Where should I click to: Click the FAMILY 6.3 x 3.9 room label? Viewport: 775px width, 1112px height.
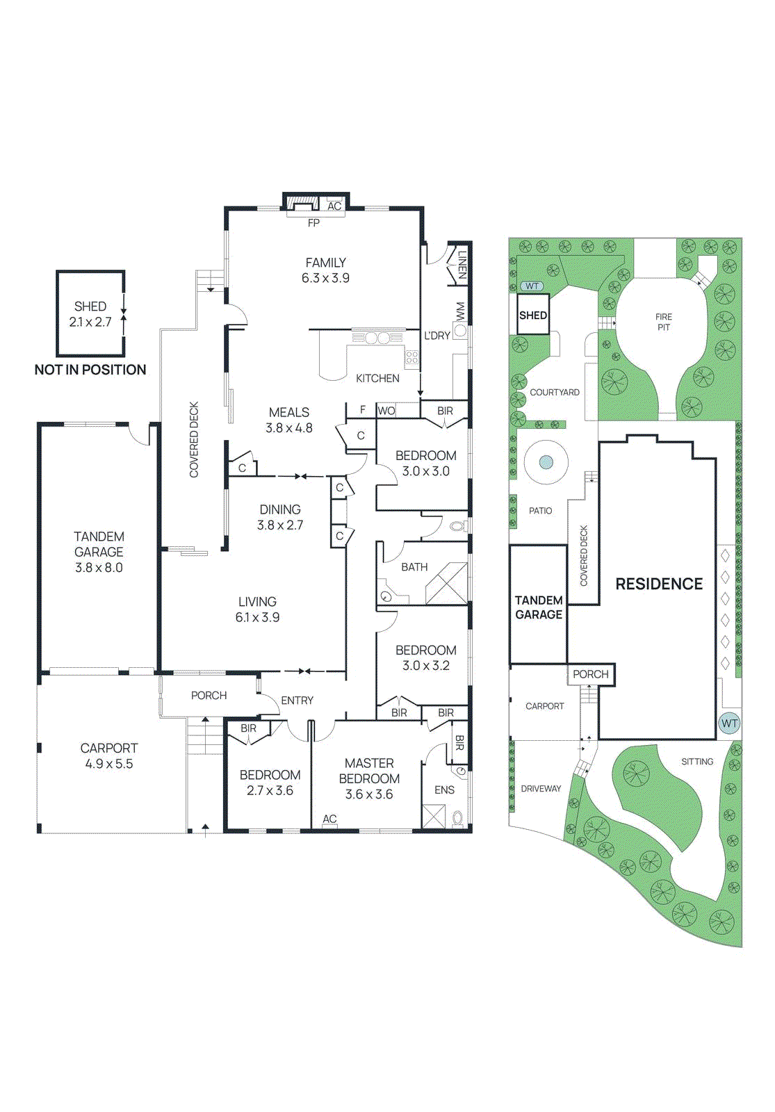click(x=325, y=270)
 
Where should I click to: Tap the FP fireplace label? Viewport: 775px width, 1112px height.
click(x=313, y=223)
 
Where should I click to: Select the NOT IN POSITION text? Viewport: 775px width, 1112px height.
click(x=90, y=370)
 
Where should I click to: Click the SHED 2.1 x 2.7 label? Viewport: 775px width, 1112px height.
click(x=90, y=314)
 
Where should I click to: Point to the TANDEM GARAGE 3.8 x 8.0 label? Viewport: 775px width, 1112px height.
click(x=99, y=552)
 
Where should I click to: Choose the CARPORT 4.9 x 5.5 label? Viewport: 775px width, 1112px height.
click(x=108, y=755)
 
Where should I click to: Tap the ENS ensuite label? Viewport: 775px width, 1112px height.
click(x=444, y=790)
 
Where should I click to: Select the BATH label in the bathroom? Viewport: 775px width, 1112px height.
click(x=414, y=567)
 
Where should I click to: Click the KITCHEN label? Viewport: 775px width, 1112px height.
click(x=377, y=378)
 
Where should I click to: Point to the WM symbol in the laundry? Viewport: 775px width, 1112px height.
click(x=459, y=312)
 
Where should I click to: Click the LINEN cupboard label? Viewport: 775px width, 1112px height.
click(x=462, y=265)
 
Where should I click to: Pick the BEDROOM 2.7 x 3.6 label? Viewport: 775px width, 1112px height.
click(x=270, y=783)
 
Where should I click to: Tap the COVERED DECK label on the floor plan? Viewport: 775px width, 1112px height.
click(x=194, y=439)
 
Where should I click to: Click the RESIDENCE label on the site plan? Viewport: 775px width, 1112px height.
click(x=659, y=584)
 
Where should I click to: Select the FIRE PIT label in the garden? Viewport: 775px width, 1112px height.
click(x=664, y=322)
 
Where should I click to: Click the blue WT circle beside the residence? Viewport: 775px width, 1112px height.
click(x=729, y=723)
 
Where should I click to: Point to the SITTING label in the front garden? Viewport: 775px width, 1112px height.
click(x=697, y=762)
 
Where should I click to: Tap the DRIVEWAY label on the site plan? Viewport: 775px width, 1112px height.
click(x=541, y=789)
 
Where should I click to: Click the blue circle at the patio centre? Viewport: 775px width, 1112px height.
click(x=546, y=461)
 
